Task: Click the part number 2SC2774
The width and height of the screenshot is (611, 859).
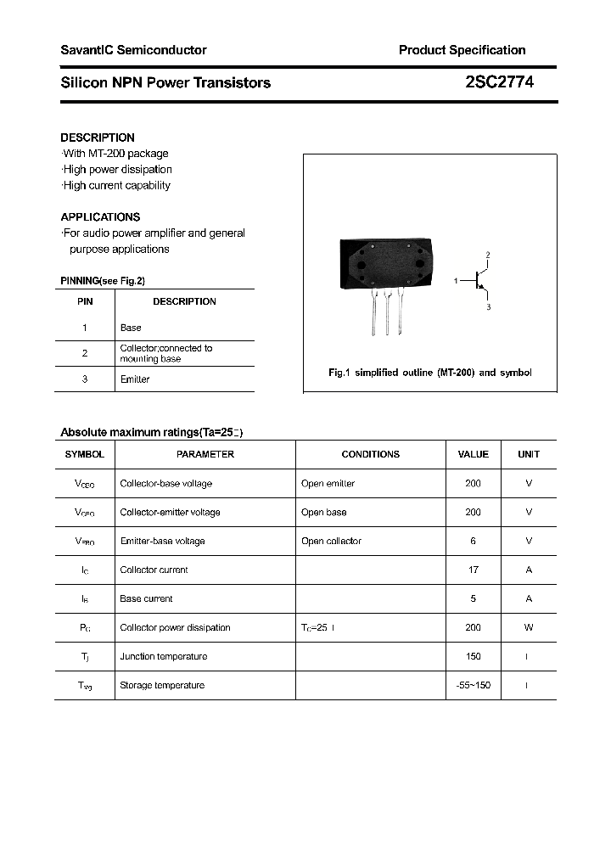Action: tap(499, 82)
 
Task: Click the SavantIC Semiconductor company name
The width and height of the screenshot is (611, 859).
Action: tap(133, 50)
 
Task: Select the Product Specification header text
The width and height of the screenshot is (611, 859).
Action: tap(462, 50)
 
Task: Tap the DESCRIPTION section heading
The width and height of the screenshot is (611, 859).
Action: tap(98, 138)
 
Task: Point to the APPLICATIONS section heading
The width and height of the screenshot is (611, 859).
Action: tap(100, 217)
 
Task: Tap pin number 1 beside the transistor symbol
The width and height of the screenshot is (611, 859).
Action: tap(456, 280)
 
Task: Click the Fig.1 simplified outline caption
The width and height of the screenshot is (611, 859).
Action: tap(429, 373)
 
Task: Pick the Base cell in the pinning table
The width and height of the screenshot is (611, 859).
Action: tap(131, 328)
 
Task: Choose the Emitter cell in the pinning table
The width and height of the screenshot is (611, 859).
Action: tap(135, 379)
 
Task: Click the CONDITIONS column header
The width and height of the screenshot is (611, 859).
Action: tap(370, 454)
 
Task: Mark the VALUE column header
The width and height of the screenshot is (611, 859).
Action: tap(473, 454)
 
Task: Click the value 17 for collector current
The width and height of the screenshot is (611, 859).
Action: tap(473, 570)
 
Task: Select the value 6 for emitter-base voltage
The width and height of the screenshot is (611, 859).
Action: tap(473, 541)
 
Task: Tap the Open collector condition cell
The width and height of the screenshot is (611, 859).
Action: tap(331, 541)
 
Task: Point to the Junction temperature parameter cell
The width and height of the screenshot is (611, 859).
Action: tap(163, 656)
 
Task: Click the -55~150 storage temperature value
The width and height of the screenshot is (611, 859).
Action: tap(473, 685)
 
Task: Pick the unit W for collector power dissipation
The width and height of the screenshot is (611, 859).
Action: tap(528, 627)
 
